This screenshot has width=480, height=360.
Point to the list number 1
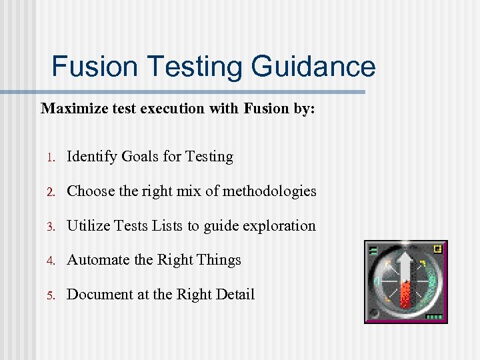50,157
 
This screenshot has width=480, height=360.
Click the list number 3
50,227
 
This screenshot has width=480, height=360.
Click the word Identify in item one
92,157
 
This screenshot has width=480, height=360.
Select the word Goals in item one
140,157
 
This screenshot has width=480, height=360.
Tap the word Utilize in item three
89,226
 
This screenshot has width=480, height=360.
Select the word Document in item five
100,295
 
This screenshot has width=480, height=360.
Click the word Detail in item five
233,295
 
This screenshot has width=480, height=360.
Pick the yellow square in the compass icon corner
437,249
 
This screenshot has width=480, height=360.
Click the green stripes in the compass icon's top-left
373,251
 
